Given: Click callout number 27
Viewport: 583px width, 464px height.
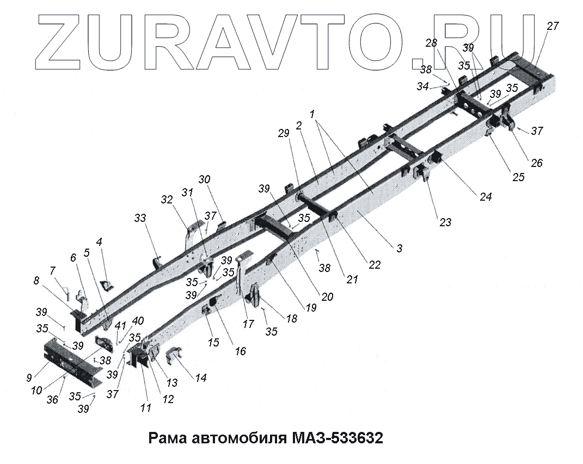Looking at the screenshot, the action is point(553,26).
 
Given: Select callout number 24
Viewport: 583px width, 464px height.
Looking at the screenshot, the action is point(485,197).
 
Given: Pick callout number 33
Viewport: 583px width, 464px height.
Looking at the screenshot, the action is point(140,218).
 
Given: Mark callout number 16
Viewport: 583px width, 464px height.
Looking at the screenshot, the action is point(240,351).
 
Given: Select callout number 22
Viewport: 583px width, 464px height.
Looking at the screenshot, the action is point(375,264).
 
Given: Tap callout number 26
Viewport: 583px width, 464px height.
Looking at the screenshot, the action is point(536,163).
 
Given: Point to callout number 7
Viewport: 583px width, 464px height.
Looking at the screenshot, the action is point(52,270).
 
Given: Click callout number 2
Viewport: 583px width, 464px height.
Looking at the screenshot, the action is point(299,125).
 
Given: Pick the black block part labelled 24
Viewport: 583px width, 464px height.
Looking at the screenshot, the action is point(437,159).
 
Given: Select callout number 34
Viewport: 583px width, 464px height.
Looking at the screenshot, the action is point(423,86).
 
